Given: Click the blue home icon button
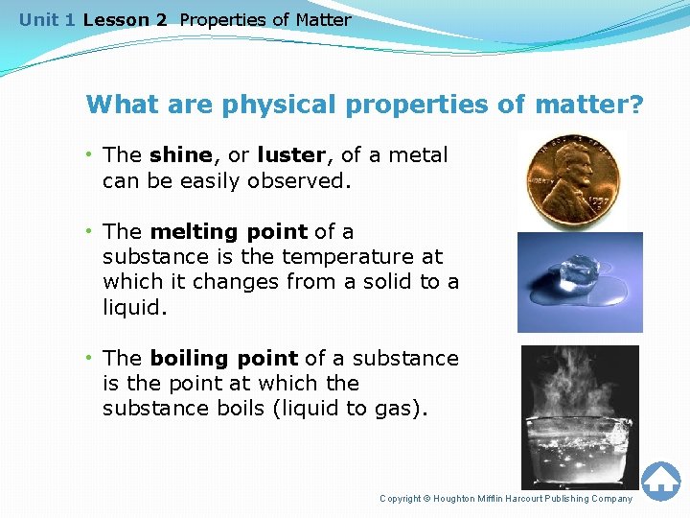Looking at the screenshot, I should pyautogui.click(x=660, y=481).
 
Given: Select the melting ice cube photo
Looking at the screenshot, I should pyautogui.click(x=579, y=282).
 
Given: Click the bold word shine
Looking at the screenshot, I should pyautogui.click(x=181, y=155).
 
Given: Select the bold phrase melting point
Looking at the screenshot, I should pyautogui.click(x=229, y=231).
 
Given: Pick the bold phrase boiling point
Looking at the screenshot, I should pyautogui.click(x=224, y=358).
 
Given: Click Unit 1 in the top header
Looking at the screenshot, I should pyautogui.click(x=48, y=19).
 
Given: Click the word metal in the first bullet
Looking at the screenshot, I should pyautogui.click(x=417, y=155).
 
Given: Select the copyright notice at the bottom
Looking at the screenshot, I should pyautogui.click(x=506, y=498).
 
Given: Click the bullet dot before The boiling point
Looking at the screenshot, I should pyautogui.click(x=88, y=358).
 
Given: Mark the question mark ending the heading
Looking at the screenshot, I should pyautogui.click(x=636, y=104).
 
